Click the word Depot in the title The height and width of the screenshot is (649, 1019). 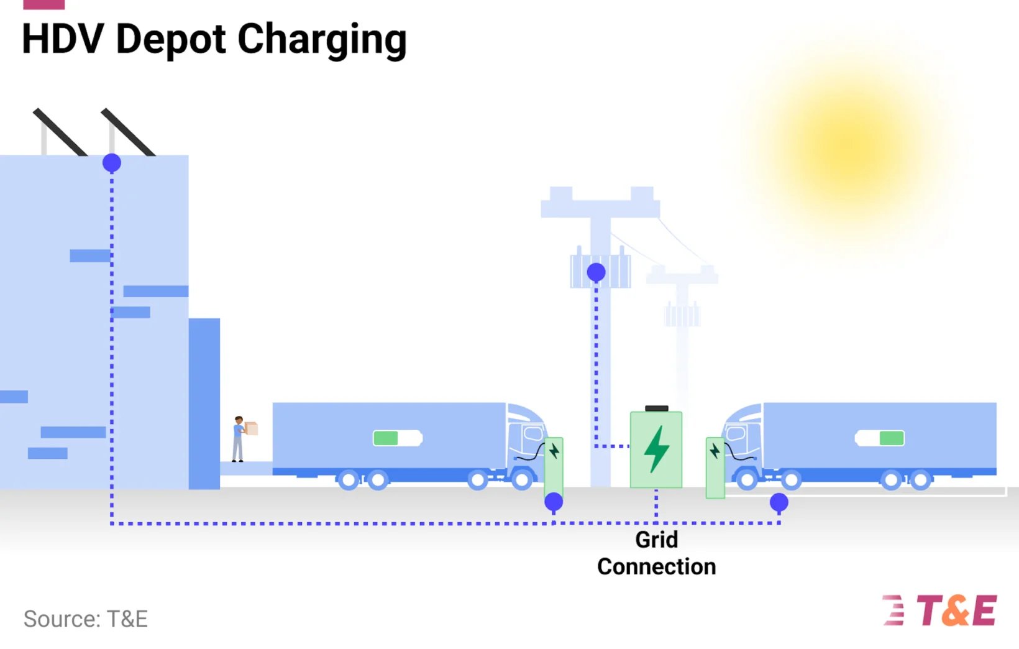pyautogui.click(x=171, y=39)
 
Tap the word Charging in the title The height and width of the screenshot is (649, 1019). pyautogui.click(x=322, y=40)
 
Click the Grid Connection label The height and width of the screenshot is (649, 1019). pyautogui.click(x=656, y=553)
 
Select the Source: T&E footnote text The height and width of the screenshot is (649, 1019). pyautogui.click(x=86, y=619)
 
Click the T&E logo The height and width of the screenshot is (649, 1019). pyautogui.click(x=940, y=610)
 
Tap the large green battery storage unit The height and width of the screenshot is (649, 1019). pyautogui.click(x=656, y=449)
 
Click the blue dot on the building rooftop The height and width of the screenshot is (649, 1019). pyautogui.click(x=112, y=163)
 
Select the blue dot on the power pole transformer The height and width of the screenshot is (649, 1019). pyautogui.click(x=596, y=272)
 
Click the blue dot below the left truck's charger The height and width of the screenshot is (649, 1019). pyautogui.click(x=554, y=502)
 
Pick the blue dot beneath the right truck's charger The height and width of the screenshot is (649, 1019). pyautogui.click(x=779, y=502)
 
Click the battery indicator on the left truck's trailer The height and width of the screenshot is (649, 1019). pyautogui.click(x=398, y=438)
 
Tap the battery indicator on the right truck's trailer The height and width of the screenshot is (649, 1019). pyautogui.click(x=880, y=438)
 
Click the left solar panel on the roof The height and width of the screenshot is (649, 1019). pyautogui.click(x=60, y=132)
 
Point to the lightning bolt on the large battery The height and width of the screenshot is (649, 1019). pyautogui.click(x=656, y=449)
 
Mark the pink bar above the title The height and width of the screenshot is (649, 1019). pyautogui.click(x=43, y=4)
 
